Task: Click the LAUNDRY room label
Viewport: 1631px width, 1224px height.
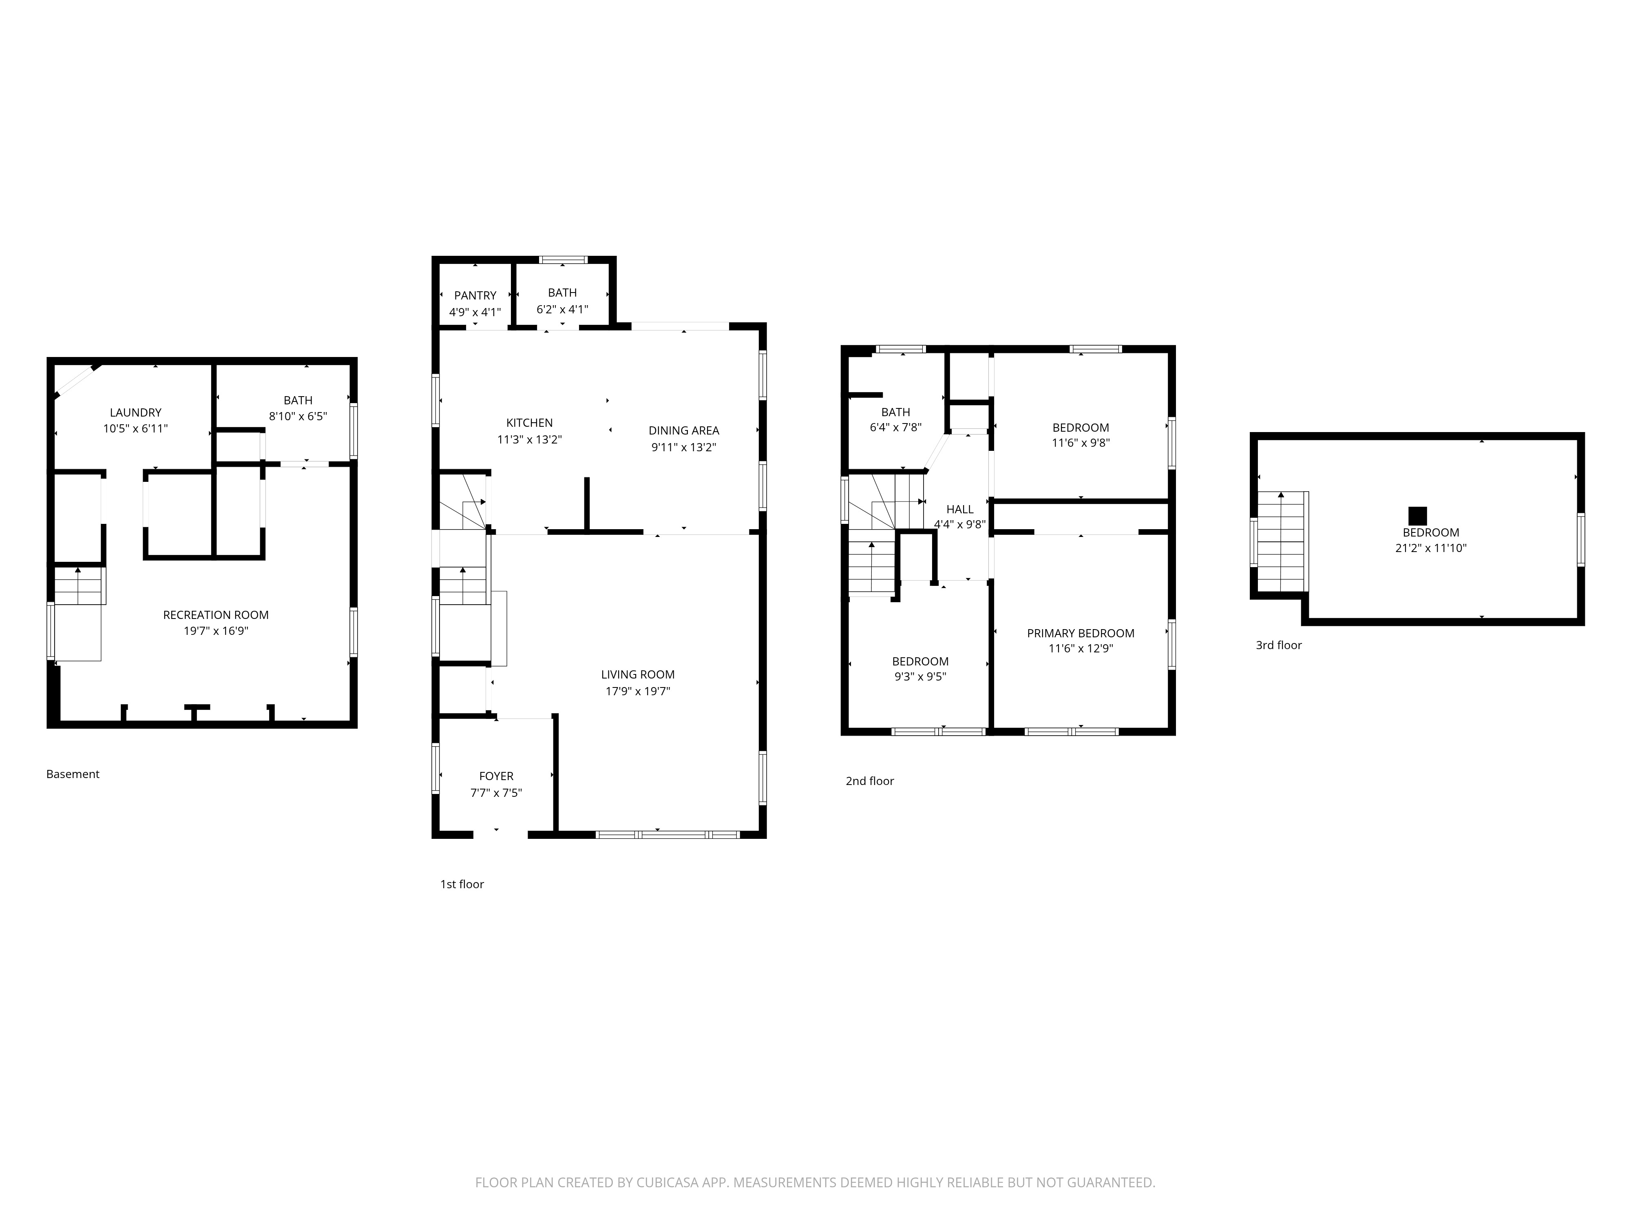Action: (136, 412)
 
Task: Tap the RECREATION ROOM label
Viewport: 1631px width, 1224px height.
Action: (216, 614)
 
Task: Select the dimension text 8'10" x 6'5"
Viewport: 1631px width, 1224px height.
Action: (298, 416)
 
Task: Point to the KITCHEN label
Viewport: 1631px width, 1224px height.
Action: (529, 423)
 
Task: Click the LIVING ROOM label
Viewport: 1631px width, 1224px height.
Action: (638, 674)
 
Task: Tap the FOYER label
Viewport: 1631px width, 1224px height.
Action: (496, 776)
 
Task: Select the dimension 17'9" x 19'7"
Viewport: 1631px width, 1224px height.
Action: (638, 691)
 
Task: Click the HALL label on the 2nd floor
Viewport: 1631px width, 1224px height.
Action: (960, 509)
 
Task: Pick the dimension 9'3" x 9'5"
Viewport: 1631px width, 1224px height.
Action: (920, 676)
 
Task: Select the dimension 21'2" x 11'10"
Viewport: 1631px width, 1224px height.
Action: (1431, 548)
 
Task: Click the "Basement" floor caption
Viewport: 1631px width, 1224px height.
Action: (73, 774)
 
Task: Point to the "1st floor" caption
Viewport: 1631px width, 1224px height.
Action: (462, 884)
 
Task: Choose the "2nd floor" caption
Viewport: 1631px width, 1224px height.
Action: (870, 781)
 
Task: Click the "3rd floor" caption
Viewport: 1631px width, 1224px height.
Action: (1279, 645)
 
